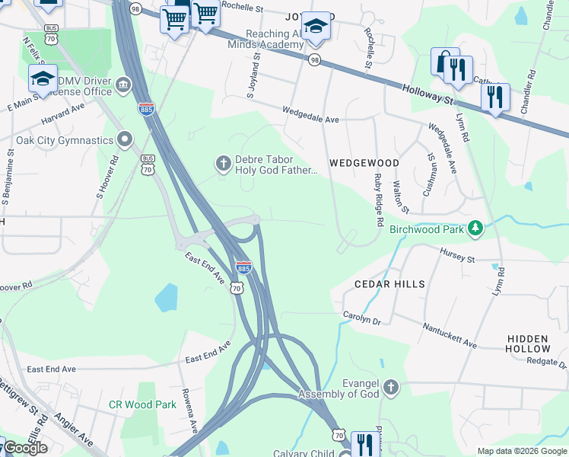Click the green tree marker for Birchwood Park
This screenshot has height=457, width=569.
(475, 228)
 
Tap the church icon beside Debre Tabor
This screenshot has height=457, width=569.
(224, 164)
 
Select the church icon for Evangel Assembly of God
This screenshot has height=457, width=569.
(390, 388)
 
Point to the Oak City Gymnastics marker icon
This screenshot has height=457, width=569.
(125, 139)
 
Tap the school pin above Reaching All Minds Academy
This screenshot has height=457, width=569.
(316, 28)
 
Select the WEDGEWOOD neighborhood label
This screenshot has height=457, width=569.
(364, 163)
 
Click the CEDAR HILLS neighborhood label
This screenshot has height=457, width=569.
(389, 283)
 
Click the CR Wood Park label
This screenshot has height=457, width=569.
(142, 405)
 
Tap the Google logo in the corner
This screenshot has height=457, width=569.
(25, 448)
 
